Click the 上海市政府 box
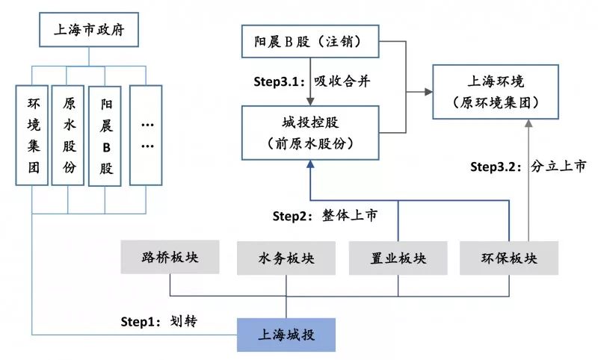89,31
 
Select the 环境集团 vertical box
32,134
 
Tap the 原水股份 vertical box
69,134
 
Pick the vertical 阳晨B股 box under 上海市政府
105,134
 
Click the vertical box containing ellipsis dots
146,134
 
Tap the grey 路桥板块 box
170,258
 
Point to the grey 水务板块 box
286,258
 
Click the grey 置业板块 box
398,258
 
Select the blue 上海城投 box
287,335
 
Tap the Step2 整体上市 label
324,216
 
